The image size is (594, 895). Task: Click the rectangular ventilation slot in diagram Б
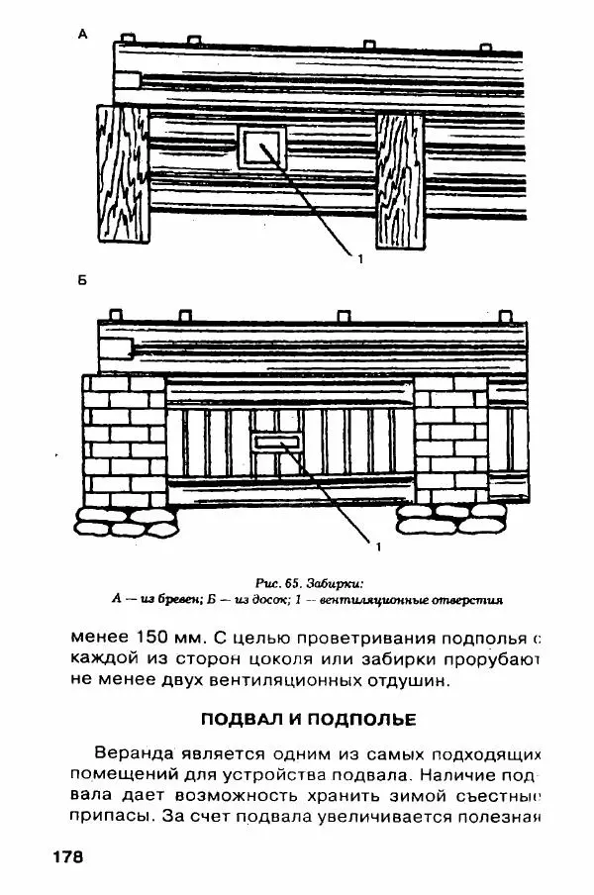coord(278,441)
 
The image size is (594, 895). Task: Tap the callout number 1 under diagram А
coord(360,258)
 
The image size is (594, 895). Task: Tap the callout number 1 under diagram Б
coord(377,545)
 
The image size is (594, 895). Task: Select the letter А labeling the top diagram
coord(82,35)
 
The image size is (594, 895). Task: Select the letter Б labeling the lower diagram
coord(82,281)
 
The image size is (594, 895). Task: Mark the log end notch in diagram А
coord(128,81)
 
